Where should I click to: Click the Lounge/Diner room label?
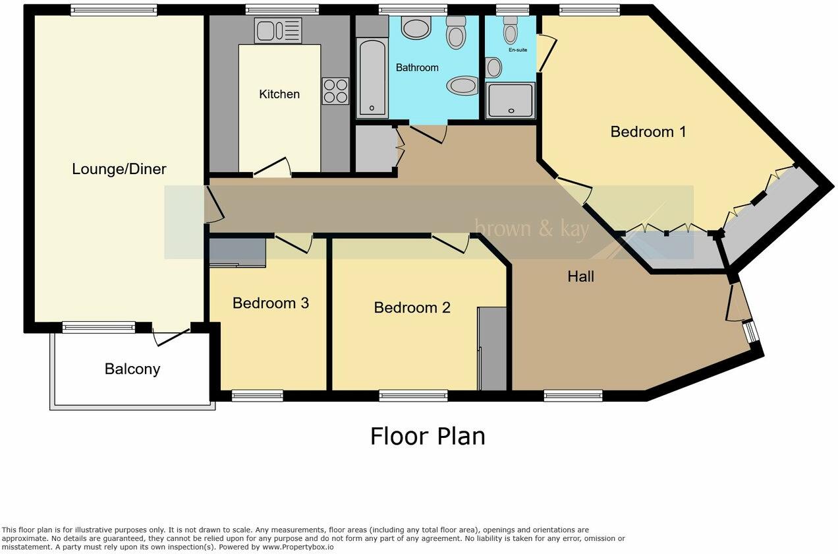click(119, 169)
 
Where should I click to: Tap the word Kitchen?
click(279, 94)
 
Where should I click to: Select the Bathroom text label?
click(417, 68)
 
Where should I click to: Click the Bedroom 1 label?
click(648, 132)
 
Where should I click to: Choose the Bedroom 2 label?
click(412, 308)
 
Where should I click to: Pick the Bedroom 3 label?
click(271, 303)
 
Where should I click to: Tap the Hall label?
click(580, 277)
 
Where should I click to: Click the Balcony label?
click(132, 369)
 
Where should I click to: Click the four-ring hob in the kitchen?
click(335, 91)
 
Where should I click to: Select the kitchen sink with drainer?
click(278, 30)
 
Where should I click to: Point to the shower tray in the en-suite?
click(510, 100)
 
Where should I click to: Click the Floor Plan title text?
click(427, 437)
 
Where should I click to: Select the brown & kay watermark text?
click(532, 229)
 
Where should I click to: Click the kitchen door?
click(271, 168)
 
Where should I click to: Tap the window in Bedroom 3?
click(257, 396)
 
